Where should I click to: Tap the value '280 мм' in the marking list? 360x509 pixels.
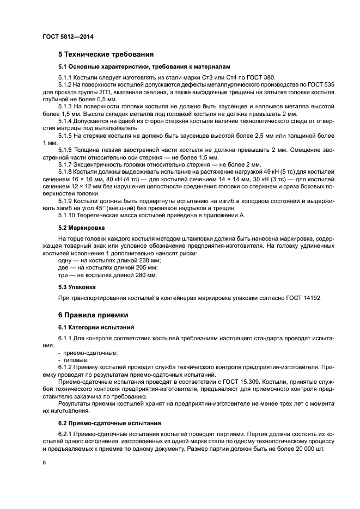click(x=146, y=275)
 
